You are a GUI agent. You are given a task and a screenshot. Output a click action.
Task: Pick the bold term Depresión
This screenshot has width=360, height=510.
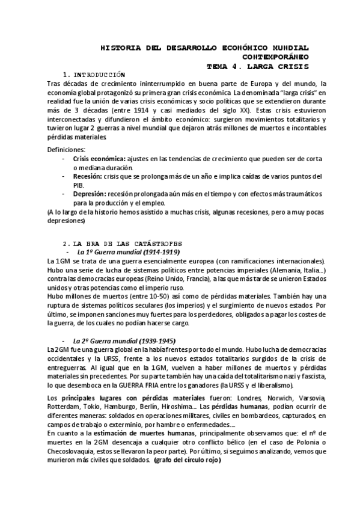tap(91, 195)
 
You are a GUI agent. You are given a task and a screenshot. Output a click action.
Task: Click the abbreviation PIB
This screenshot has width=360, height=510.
tap(78, 186)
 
